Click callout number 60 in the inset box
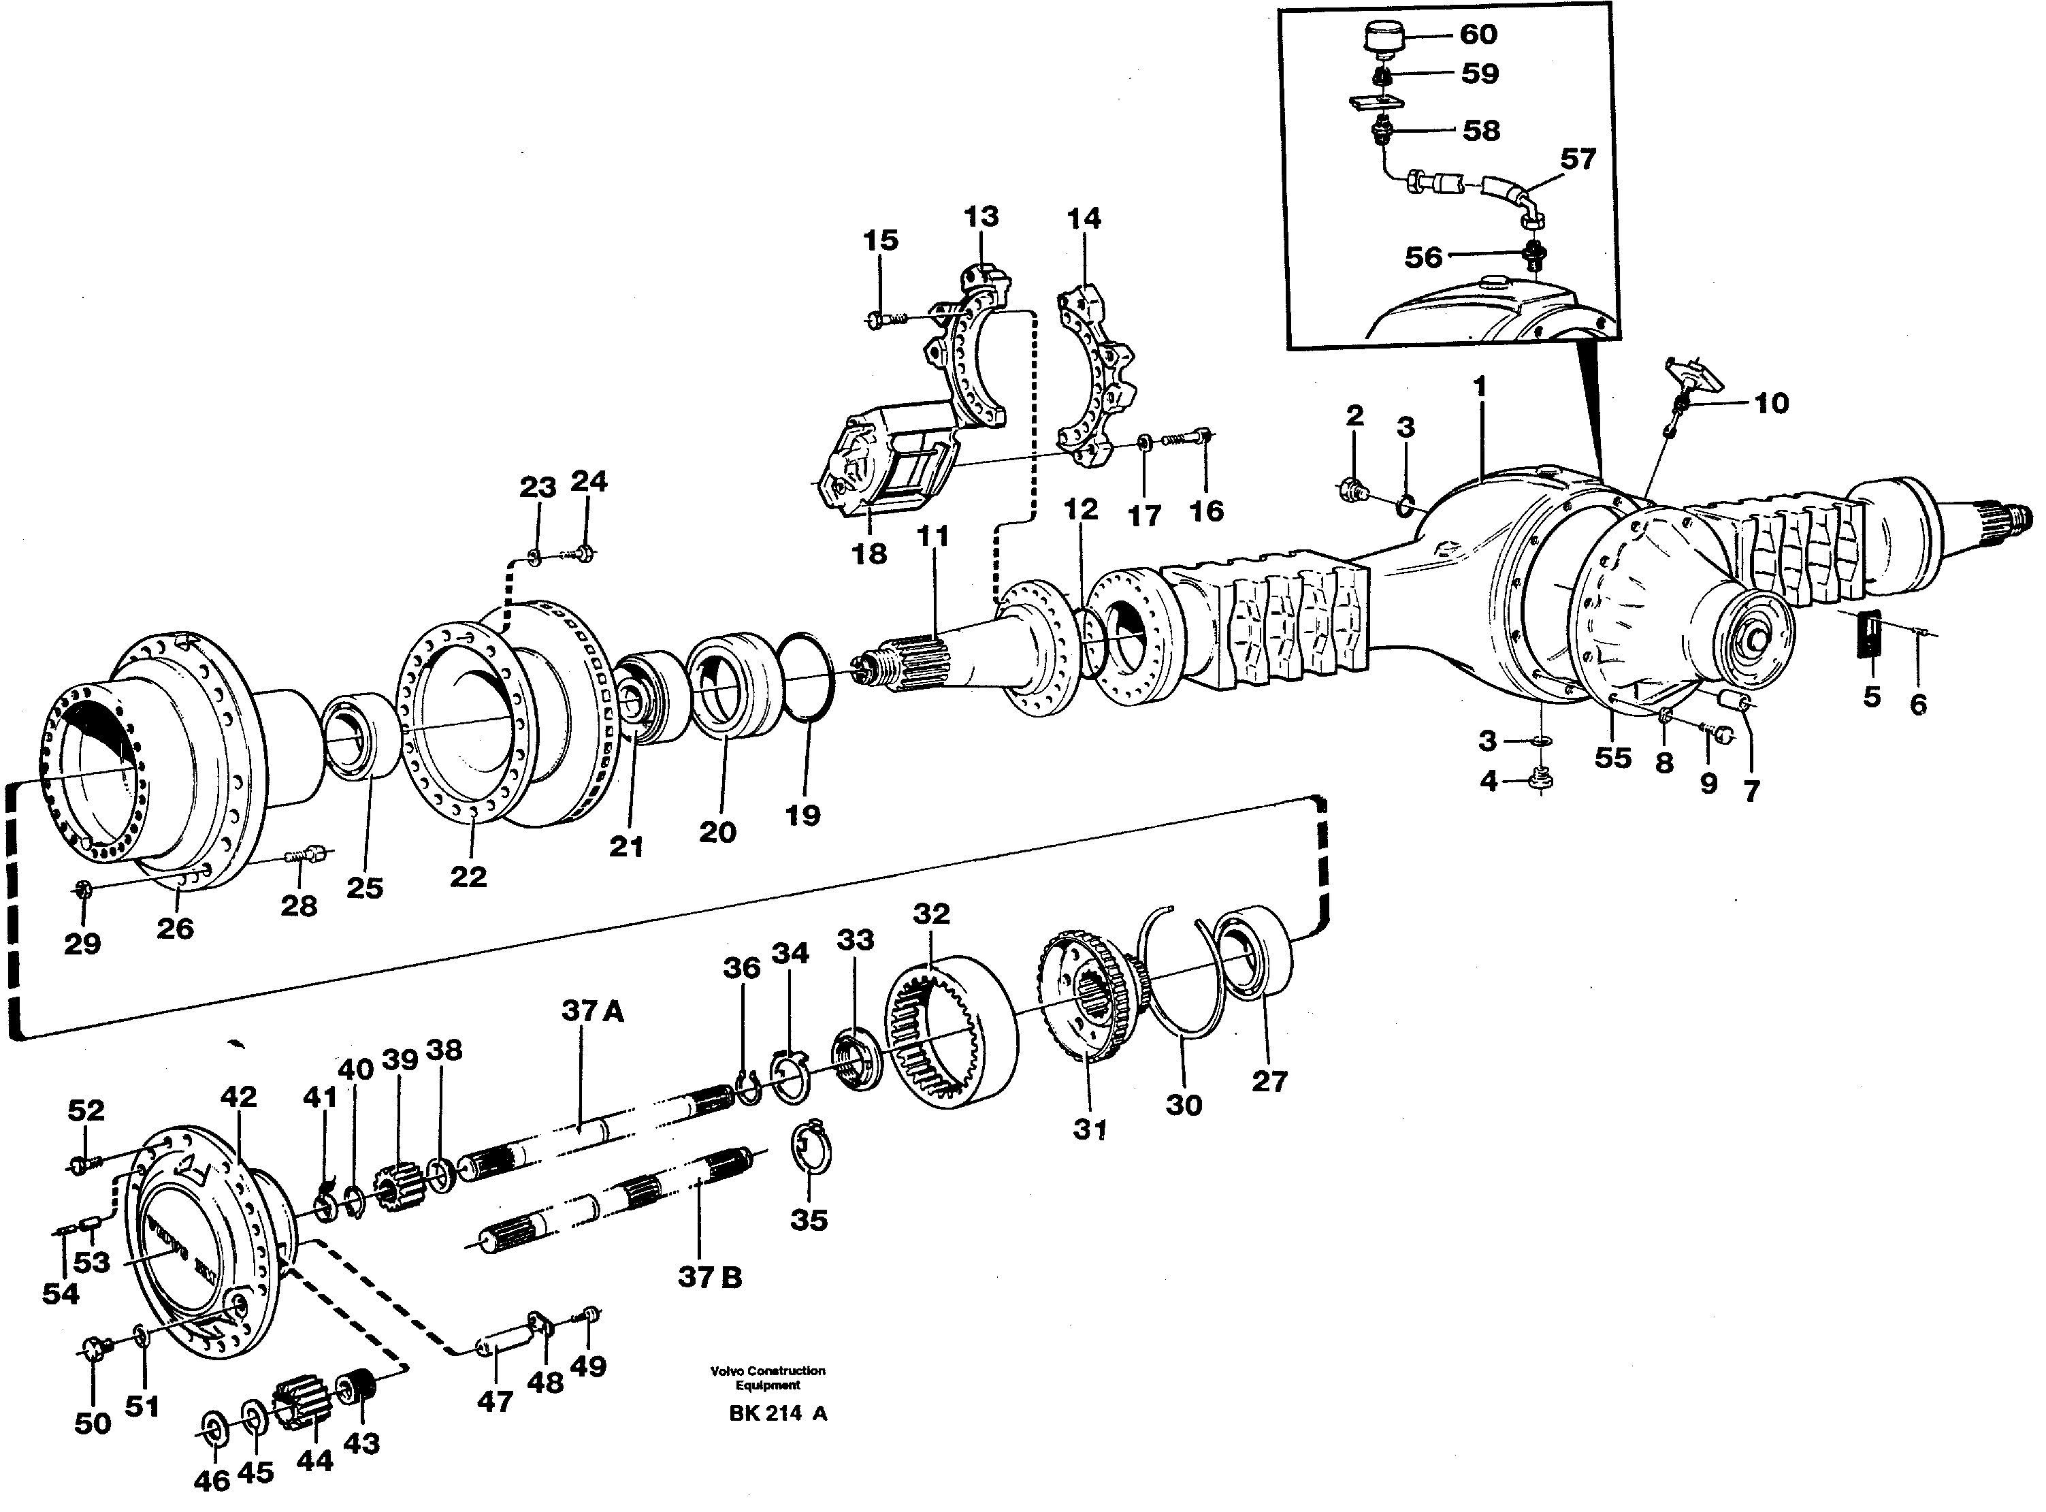coord(1478,35)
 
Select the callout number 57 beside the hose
coord(1578,159)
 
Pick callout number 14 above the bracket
coord(1084,219)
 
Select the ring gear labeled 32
coord(952,1026)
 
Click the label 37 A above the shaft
coord(592,1012)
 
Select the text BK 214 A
coord(778,1413)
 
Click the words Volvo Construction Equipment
coord(768,1377)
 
